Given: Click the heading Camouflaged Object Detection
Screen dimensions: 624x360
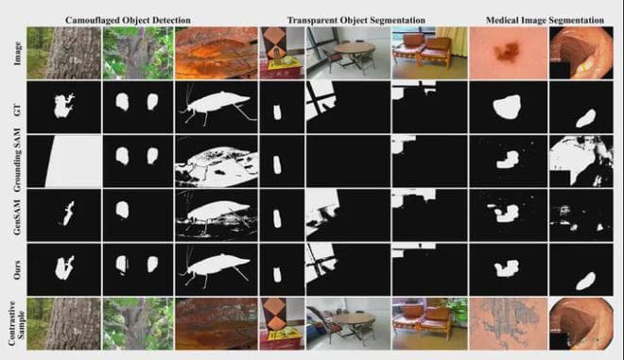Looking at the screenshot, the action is [x=128, y=20].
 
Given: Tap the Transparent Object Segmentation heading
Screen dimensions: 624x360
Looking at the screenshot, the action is [x=356, y=20].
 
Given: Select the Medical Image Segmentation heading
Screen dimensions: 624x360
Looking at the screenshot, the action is [x=545, y=20].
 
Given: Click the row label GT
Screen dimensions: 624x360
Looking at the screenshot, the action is [x=18, y=109].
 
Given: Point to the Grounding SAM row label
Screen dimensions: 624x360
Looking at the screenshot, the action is [x=18, y=161].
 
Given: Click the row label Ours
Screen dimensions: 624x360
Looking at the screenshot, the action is [x=18, y=269].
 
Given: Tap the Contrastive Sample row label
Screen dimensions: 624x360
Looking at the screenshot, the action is [x=16, y=323].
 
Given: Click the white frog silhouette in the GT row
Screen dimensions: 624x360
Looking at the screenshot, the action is [x=63, y=106].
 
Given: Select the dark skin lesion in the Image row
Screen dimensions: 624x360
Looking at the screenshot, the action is [x=507, y=51].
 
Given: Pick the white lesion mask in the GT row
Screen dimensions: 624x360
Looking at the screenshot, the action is [x=507, y=107].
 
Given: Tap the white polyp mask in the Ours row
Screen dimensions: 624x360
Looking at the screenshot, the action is [x=586, y=281].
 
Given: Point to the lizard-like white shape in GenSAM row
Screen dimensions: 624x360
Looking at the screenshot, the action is [x=68, y=214].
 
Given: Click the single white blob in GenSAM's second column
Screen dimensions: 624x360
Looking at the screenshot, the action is [x=122, y=209].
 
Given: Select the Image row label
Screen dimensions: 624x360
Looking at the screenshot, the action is [x=18, y=54].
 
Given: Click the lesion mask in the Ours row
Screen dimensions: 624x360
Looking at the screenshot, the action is [x=507, y=268].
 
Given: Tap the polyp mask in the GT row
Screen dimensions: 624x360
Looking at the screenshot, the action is [x=586, y=118].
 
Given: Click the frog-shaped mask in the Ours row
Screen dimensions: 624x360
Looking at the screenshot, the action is [x=63, y=268].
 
